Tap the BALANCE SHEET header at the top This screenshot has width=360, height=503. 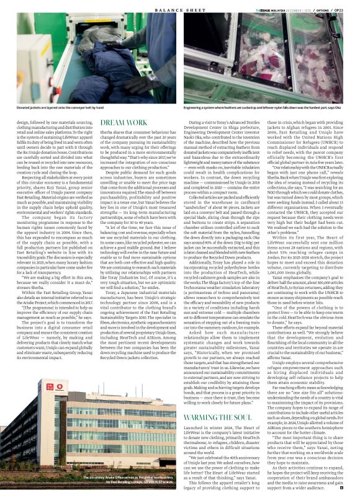click(x=180, y=5)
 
